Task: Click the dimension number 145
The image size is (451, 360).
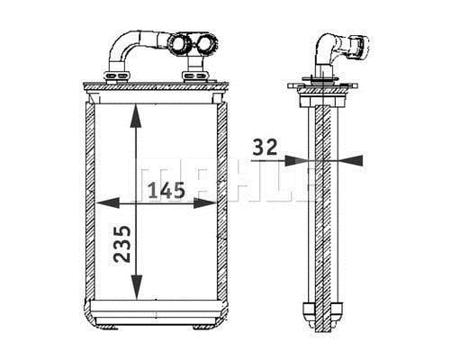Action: [167, 191]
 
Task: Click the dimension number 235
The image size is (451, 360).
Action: [122, 244]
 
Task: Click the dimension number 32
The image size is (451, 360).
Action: [265, 147]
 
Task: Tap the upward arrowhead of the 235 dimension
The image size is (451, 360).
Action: [136, 116]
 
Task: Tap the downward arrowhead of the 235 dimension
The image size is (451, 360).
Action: [137, 287]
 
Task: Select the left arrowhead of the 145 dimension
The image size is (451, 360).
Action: [108, 203]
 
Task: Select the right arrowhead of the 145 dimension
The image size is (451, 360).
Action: [205, 203]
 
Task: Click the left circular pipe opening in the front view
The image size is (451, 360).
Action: [179, 44]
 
